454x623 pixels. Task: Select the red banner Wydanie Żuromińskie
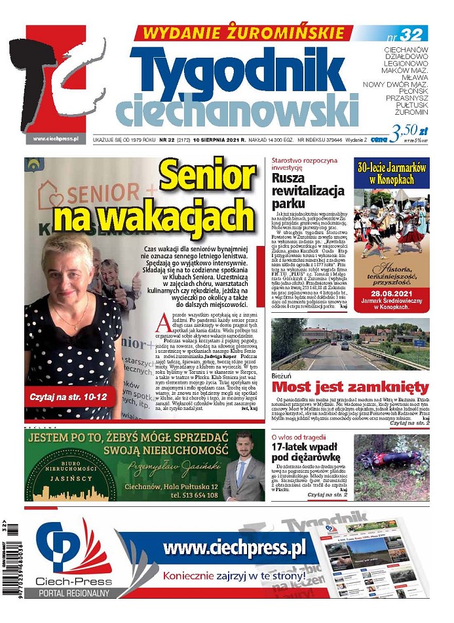point(243,33)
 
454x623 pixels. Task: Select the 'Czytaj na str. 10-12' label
point(68,397)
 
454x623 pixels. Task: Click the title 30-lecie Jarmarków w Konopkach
point(391,174)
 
